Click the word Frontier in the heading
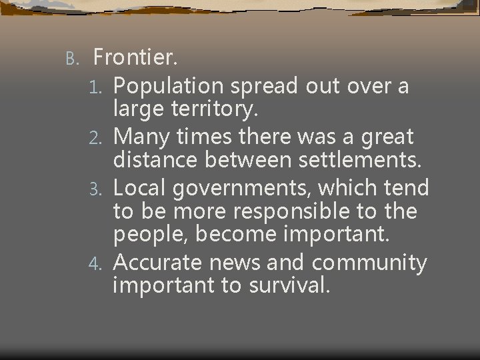pos(135,58)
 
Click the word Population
pos(170,87)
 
